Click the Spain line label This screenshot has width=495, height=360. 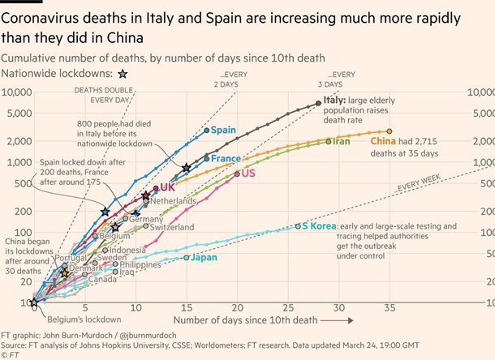pos(224,130)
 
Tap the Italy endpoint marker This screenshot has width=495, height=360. pos(317,103)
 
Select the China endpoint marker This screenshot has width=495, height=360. pos(390,131)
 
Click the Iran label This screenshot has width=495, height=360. pos(342,141)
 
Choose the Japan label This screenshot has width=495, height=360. pos(204,258)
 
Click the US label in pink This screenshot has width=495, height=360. pos(248,174)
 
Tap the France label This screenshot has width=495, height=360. pos(226,158)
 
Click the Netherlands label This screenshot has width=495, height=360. pos(173,200)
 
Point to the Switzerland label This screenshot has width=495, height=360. pos(169,228)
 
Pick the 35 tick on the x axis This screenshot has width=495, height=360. pos(390,309)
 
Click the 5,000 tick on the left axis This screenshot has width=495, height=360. pos(15,112)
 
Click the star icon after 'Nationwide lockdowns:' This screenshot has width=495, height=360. pos(123,74)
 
